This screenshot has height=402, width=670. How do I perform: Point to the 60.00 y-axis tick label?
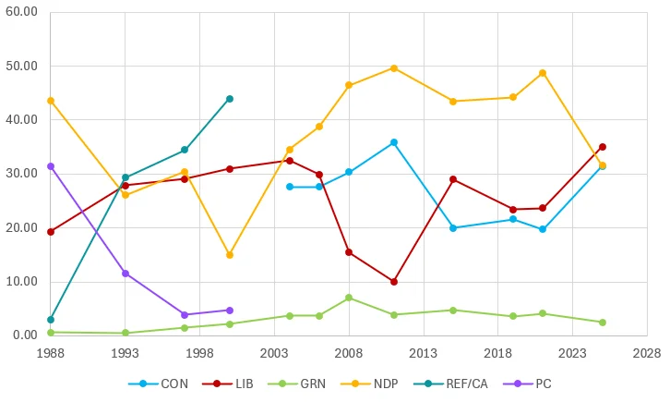(x=21, y=12)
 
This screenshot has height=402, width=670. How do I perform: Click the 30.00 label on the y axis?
(x=21, y=174)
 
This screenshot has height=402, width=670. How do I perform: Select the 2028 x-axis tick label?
(x=648, y=353)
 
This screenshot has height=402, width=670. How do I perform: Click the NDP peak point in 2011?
(x=394, y=68)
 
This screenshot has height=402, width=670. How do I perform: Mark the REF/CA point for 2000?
(x=230, y=99)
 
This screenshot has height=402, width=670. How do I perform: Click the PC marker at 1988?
(x=51, y=166)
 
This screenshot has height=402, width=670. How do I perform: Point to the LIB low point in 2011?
(x=394, y=282)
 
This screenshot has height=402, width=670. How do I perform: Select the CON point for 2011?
(x=394, y=142)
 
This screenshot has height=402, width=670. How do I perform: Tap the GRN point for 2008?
(x=349, y=298)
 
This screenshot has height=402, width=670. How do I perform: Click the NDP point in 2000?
(x=230, y=255)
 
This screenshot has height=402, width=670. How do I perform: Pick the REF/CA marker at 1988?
(x=51, y=320)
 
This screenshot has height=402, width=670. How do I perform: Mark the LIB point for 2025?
(x=603, y=147)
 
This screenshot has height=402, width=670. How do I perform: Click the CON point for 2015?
(x=453, y=228)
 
